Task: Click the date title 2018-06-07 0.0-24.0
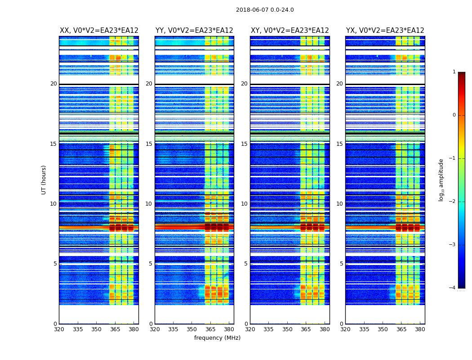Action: click(265, 10)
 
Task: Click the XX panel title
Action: click(99, 31)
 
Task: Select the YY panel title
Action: click(194, 31)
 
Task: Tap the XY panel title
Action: click(289, 31)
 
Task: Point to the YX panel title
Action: click(385, 31)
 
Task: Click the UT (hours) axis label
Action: click(44, 180)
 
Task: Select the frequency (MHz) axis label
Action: click(217, 338)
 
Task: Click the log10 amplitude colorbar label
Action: click(441, 180)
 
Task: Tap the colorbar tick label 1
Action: click(454, 72)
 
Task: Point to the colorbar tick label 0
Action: click(454, 115)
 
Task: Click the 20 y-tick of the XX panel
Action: click(53, 84)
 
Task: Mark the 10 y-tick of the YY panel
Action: click(149, 204)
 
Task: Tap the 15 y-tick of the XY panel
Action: click(244, 144)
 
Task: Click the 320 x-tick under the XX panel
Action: click(59, 329)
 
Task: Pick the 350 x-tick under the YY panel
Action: click(192, 329)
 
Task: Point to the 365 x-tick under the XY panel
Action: click(306, 329)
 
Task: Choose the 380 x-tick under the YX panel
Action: click(420, 329)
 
